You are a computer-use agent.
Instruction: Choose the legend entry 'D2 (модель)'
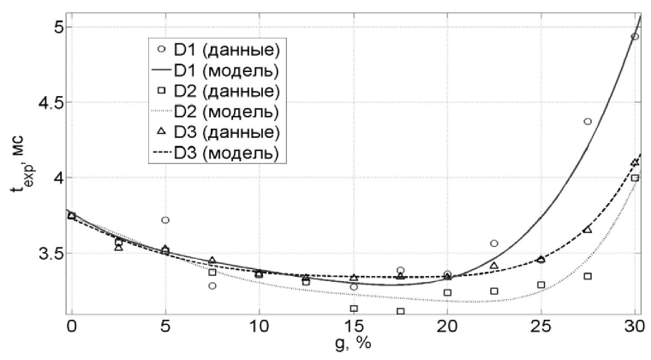tap(225, 111)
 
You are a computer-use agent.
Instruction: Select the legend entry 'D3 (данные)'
tap(225, 132)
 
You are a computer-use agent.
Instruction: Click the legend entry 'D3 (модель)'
tap(225, 153)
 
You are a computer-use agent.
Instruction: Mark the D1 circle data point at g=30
tap(635, 37)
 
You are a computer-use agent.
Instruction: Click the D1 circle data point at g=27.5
tap(588, 122)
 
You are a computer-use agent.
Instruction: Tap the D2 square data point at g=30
tap(636, 178)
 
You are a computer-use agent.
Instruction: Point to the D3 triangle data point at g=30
tap(635, 163)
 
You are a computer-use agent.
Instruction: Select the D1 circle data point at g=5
tap(165, 220)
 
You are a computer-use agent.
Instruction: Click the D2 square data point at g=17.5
tap(400, 311)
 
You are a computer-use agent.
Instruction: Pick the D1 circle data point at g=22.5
tap(494, 243)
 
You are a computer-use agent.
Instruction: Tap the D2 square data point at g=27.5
tap(588, 276)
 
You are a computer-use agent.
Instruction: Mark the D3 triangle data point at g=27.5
tap(588, 230)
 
